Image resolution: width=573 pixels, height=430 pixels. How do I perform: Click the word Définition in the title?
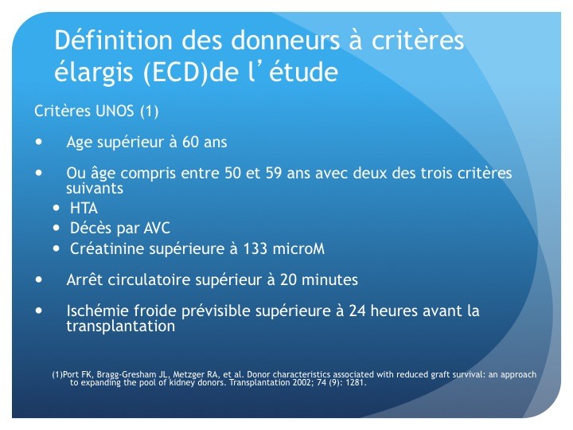click(x=113, y=40)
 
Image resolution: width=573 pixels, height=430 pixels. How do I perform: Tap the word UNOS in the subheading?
click(x=115, y=111)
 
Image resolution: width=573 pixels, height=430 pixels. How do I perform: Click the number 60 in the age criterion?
click(x=191, y=142)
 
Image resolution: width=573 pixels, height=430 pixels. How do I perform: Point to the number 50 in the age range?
click(x=232, y=173)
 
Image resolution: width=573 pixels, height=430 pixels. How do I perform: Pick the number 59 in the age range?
click(x=274, y=173)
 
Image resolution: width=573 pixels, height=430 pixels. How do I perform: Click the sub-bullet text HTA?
click(x=84, y=209)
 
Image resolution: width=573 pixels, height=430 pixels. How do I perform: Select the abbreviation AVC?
click(x=157, y=229)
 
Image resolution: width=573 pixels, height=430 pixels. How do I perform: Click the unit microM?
click(x=298, y=248)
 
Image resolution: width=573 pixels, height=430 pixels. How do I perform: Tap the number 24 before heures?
click(x=357, y=311)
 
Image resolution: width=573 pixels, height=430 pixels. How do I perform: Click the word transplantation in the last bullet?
click(x=121, y=326)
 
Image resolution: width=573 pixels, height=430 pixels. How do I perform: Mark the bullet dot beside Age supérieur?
click(x=39, y=142)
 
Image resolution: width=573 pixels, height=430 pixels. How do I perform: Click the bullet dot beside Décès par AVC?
click(x=56, y=229)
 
